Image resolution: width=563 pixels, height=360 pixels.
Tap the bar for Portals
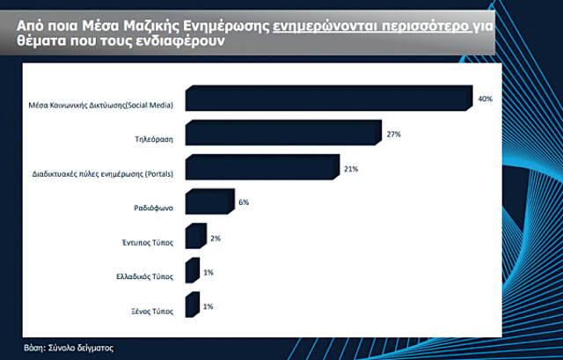pyautogui.click(x=261, y=169)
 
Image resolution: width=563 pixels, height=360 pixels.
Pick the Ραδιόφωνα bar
pyautogui.click(x=208, y=204)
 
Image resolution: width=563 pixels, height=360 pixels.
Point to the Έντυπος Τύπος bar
pyautogui.click(x=194, y=237)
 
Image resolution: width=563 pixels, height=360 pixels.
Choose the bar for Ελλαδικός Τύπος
pyautogui.click(x=192, y=272)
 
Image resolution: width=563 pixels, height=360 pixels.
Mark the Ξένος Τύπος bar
pyautogui.click(x=192, y=307)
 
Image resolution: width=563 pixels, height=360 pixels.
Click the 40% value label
pyautogui.click(x=485, y=99)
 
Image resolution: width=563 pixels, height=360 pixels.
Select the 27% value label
pyautogui.click(x=393, y=134)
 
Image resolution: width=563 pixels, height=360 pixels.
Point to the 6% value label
pyautogui.click(x=244, y=202)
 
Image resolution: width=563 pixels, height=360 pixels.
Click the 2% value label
pyautogui.click(x=216, y=237)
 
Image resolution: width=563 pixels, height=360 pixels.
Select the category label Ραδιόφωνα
pyautogui.click(x=153, y=209)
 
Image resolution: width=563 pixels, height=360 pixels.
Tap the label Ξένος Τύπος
pyautogui.click(x=152, y=312)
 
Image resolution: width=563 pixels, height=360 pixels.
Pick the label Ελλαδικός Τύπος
pyautogui.click(x=145, y=277)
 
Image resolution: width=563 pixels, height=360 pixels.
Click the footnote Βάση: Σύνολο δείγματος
pyautogui.click(x=69, y=349)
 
